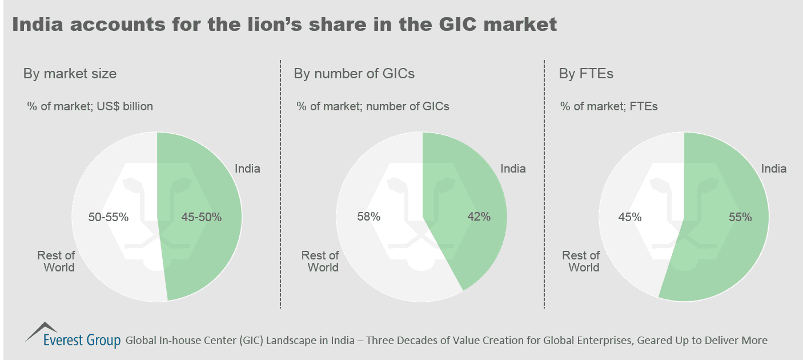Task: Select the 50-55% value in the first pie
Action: click(x=109, y=217)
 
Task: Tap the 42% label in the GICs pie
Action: click(x=478, y=217)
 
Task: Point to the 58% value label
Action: click(x=368, y=217)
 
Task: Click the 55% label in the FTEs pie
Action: click(x=740, y=217)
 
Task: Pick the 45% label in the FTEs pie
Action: click(x=630, y=217)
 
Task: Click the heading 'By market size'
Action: click(x=70, y=74)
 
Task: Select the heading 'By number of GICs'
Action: click(x=354, y=74)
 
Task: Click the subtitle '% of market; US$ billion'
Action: click(x=90, y=106)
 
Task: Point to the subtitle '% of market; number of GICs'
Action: click(x=373, y=106)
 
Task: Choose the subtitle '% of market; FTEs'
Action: click(x=609, y=106)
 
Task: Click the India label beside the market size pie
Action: click(x=247, y=169)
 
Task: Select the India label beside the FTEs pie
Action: click(x=774, y=169)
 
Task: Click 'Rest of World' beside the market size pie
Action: click(x=56, y=261)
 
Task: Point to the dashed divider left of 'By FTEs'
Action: click(x=544, y=183)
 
